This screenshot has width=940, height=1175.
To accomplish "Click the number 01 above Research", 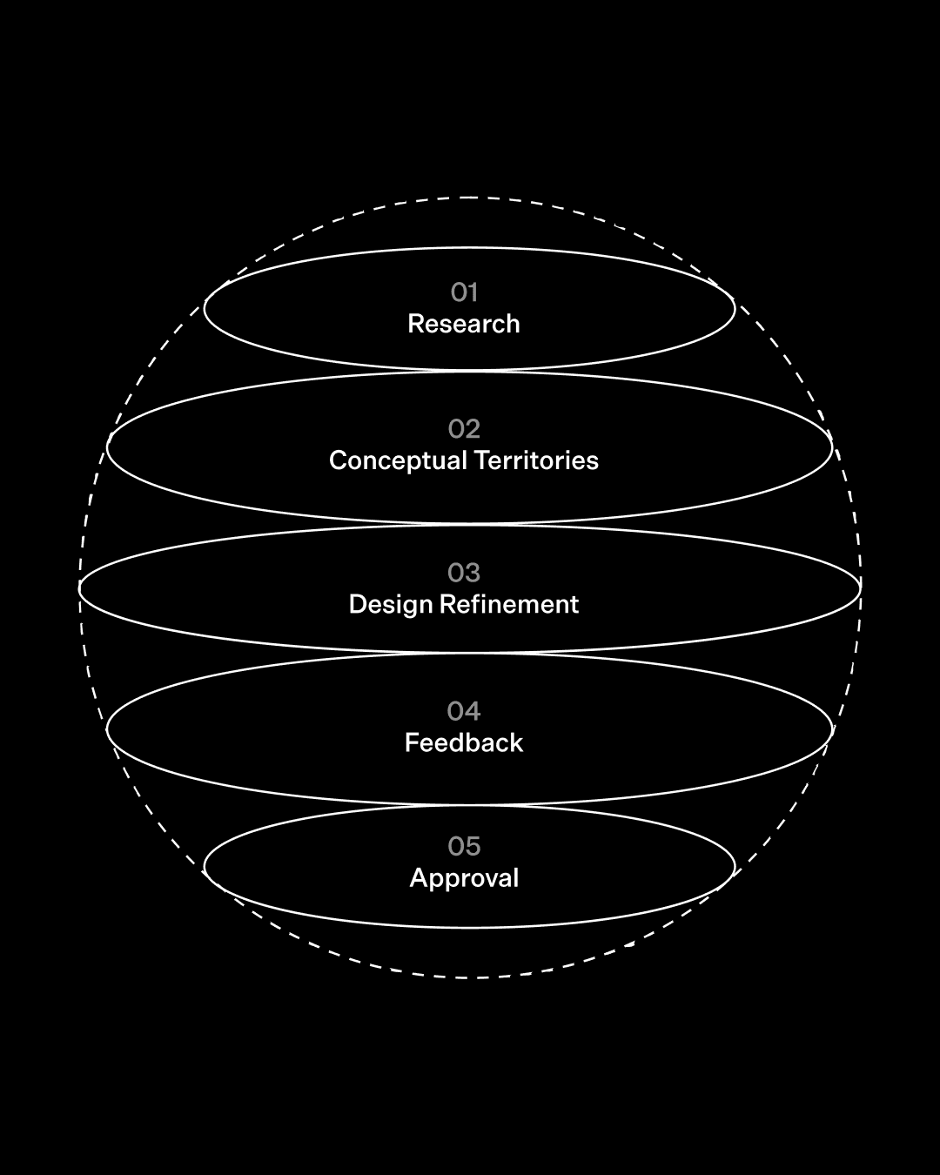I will (x=464, y=292).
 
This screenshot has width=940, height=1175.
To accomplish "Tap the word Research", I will (x=464, y=324).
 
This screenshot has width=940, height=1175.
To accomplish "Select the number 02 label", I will (x=464, y=429).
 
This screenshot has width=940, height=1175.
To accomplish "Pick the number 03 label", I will (x=464, y=573).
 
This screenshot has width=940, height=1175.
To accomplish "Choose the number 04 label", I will (x=464, y=711).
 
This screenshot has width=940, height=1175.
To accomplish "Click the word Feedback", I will (x=464, y=742).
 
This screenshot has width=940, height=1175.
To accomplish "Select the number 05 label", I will (x=464, y=846).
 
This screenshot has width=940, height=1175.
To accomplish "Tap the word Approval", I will (x=464, y=878).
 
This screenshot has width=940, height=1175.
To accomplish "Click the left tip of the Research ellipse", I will (x=205, y=309).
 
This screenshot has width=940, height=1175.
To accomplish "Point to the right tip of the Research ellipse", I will (x=735, y=309).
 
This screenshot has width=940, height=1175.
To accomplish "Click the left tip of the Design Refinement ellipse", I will (x=79, y=588).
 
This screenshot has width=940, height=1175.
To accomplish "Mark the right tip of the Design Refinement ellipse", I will (x=861, y=588).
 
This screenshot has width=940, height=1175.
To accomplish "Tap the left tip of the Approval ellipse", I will (x=205, y=867).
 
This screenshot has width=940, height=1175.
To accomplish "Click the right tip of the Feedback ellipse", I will (x=833, y=728).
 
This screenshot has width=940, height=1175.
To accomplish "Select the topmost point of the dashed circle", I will (x=470, y=198).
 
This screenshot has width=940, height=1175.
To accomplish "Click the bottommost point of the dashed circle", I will (x=470, y=977).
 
